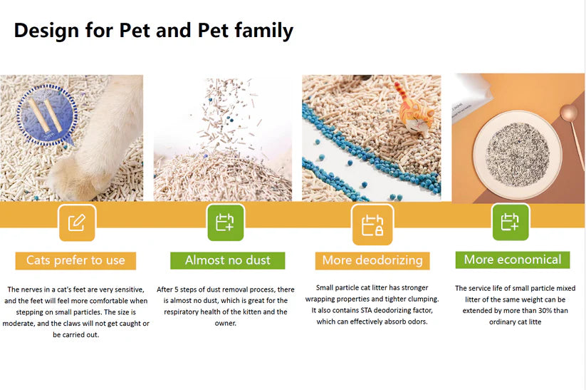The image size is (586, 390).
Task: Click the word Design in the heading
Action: [x=46, y=31]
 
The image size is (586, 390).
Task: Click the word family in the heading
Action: [x=264, y=31]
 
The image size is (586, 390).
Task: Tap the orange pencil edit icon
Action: [x=77, y=222]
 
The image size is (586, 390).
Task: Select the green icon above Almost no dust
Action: [x=225, y=222]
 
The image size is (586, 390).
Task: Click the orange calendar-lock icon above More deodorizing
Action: [x=372, y=225]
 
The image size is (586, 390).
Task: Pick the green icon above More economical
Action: [x=510, y=222]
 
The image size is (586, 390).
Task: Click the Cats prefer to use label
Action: [x=75, y=260]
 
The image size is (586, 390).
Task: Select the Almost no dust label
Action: [x=228, y=260]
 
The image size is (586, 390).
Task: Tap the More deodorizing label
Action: [x=372, y=260]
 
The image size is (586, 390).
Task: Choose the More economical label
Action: [x=513, y=260]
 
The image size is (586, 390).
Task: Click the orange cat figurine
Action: [x=414, y=110]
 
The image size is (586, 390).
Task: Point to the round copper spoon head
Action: [x=568, y=112]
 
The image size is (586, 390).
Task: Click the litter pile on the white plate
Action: [x=518, y=153]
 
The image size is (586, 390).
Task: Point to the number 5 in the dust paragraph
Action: [x=177, y=289]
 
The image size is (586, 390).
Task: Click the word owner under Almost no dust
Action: [x=225, y=324]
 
